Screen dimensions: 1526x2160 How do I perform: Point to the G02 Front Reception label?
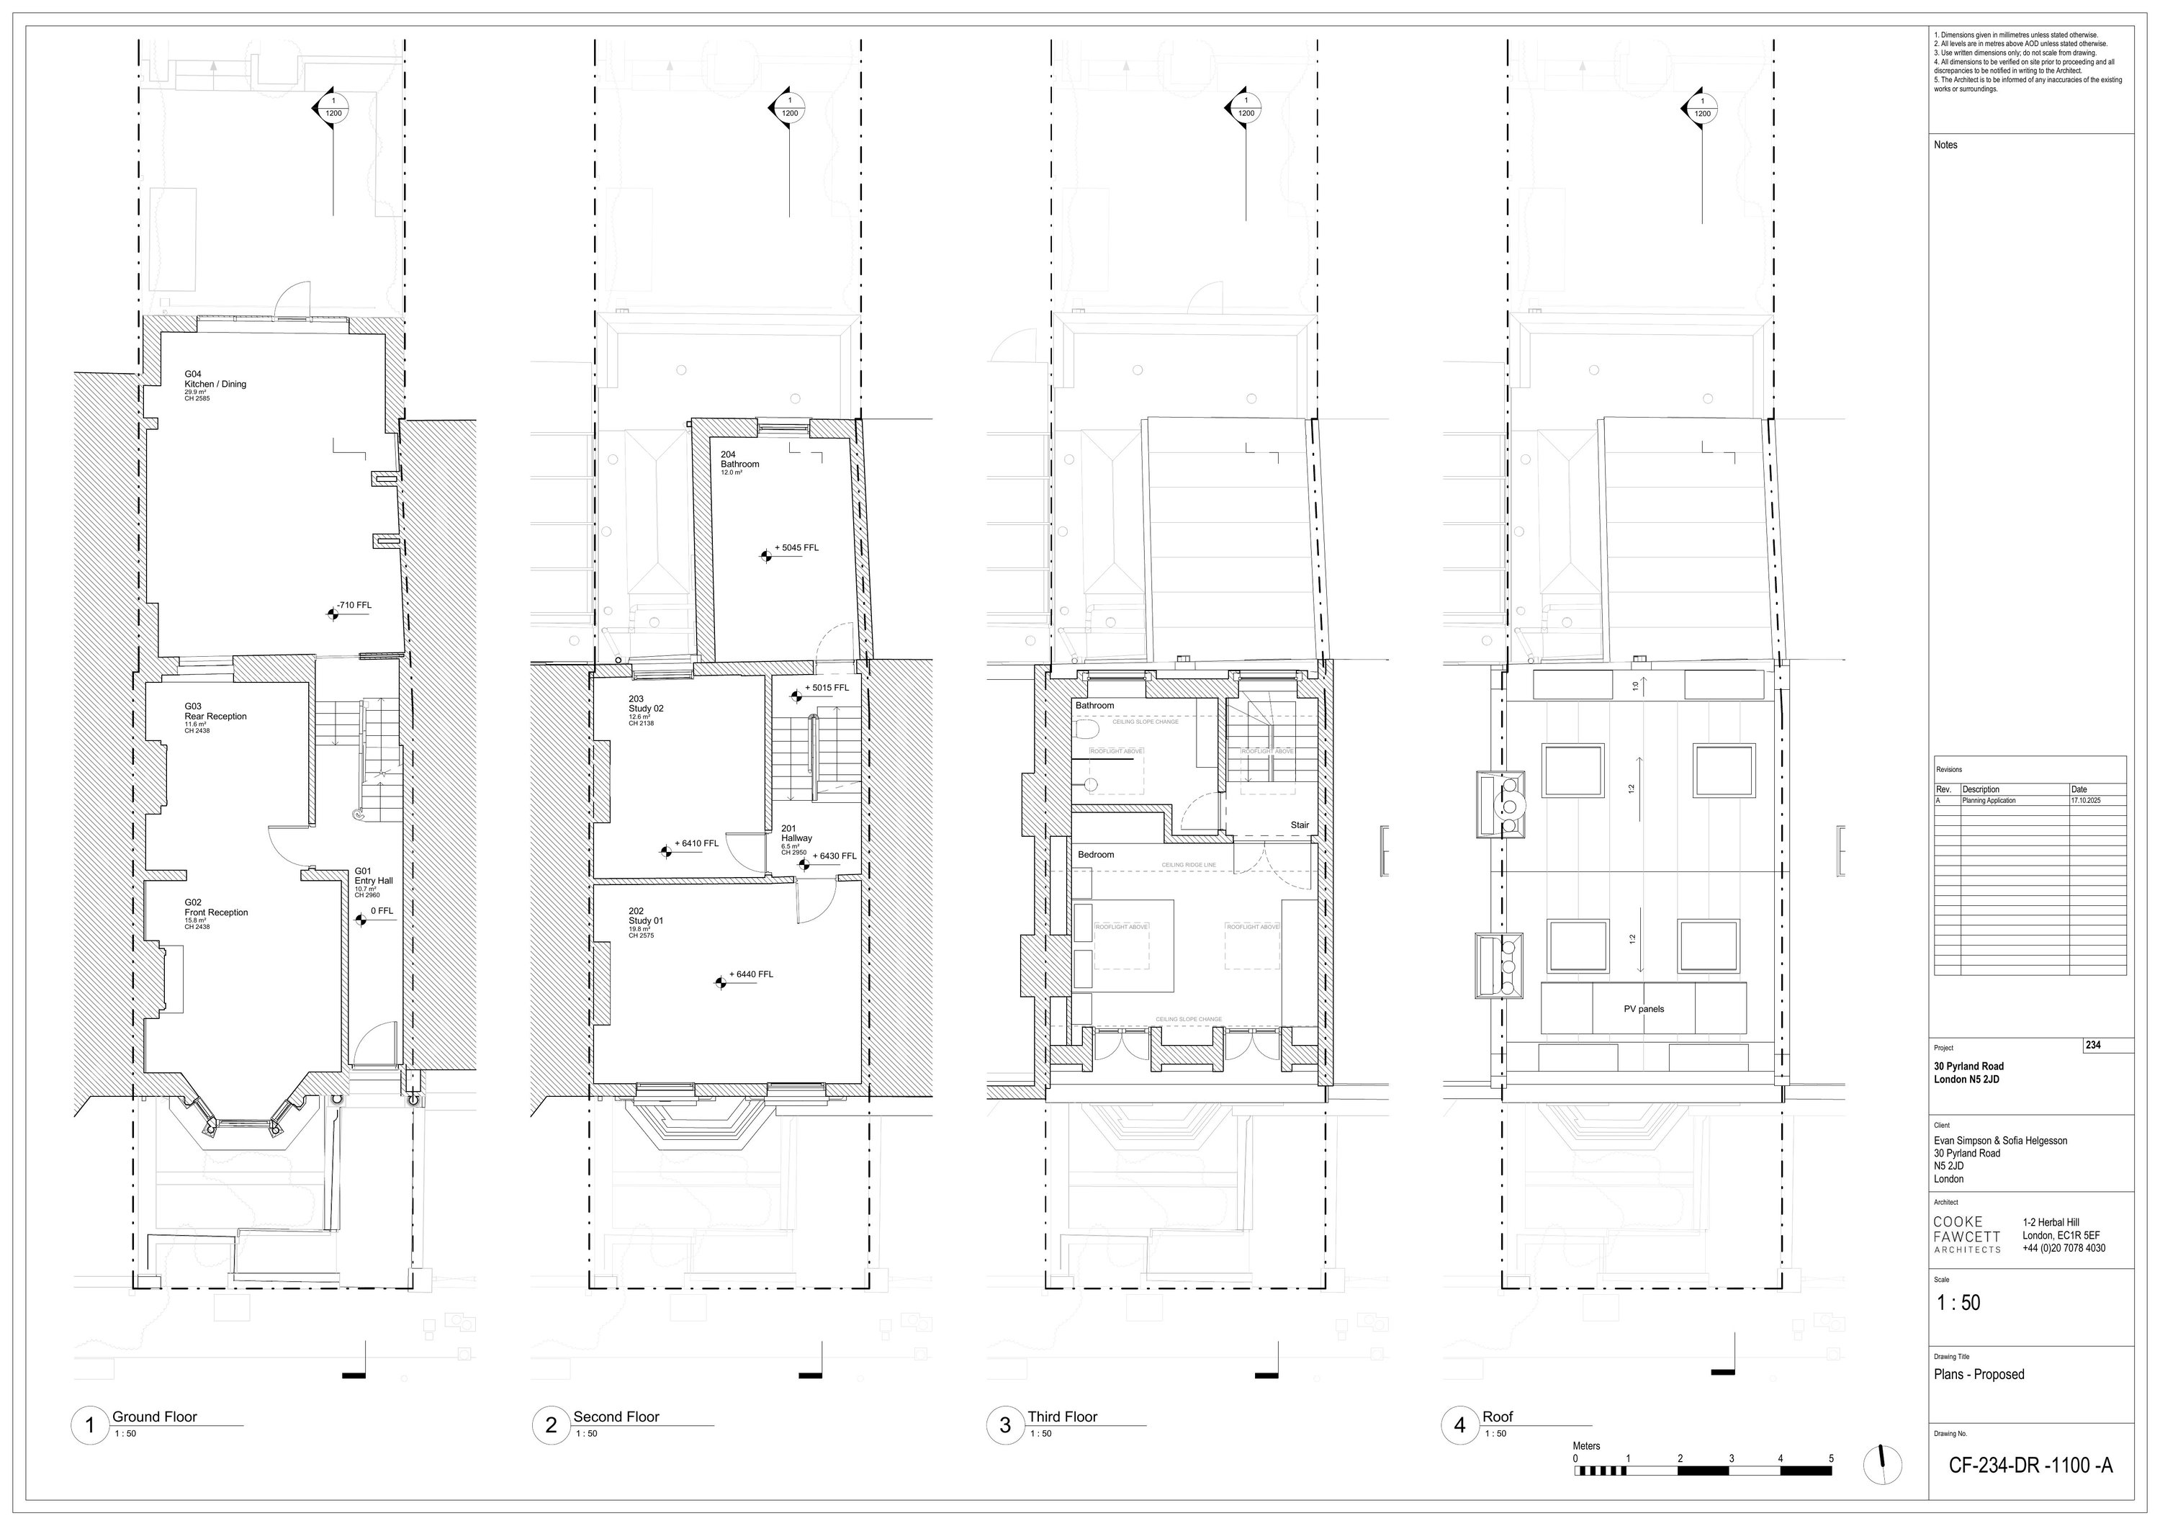pyautogui.click(x=215, y=912)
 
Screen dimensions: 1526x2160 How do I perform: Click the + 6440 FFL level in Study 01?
pyautogui.click(x=751, y=974)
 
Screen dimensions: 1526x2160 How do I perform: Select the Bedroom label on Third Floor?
pyautogui.click(x=1095, y=854)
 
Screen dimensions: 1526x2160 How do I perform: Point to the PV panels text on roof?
pyautogui.click(x=1644, y=1008)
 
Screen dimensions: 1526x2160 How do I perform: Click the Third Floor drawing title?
pyautogui.click(x=1062, y=1417)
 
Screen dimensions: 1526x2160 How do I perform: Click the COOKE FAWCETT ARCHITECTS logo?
pyautogui.click(x=1966, y=1234)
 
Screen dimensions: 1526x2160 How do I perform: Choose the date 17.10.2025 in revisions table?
pyautogui.click(x=2084, y=799)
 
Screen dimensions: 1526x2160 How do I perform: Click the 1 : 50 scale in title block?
pyautogui.click(x=1958, y=1303)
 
